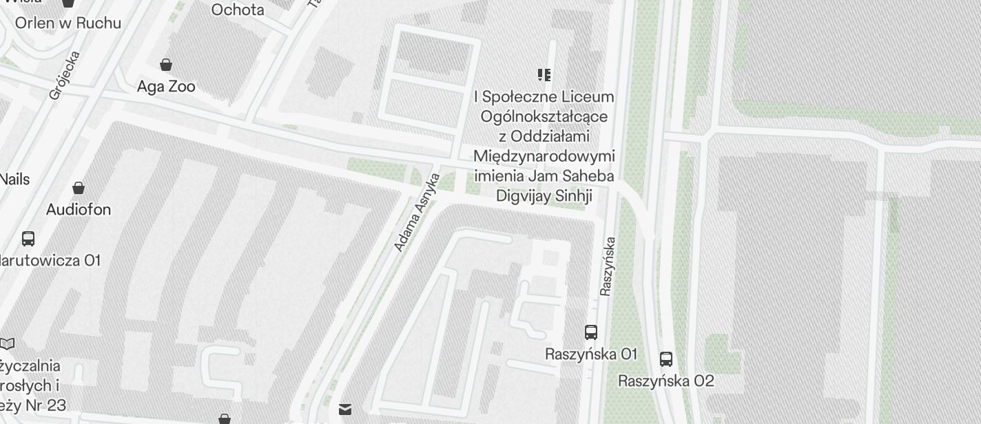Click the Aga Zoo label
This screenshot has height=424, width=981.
click(x=166, y=87)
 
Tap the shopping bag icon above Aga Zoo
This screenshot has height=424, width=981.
click(x=166, y=65)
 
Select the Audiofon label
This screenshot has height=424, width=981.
click(x=79, y=209)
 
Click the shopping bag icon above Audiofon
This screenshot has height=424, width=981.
click(x=79, y=188)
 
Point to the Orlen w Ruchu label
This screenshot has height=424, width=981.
click(x=68, y=23)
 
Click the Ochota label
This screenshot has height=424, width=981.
click(x=238, y=10)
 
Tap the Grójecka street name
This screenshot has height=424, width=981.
click(x=65, y=76)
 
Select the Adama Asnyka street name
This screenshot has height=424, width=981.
click(x=417, y=212)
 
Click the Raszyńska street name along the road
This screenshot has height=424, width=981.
click(x=607, y=266)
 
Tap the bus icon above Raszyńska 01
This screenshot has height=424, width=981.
click(x=590, y=332)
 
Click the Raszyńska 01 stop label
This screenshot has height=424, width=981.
click(x=591, y=354)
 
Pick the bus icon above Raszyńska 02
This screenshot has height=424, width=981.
click(x=666, y=359)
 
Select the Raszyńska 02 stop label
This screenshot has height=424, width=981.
click(x=666, y=381)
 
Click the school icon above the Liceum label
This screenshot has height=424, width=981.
click(x=544, y=74)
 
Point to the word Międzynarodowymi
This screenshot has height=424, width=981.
click(x=544, y=156)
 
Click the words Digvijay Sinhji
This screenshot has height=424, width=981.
click(x=544, y=196)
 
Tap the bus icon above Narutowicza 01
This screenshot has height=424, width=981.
click(x=28, y=239)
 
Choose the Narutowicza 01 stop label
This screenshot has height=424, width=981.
click(x=50, y=261)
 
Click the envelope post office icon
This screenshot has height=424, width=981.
click(x=345, y=410)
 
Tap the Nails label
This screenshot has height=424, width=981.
click(x=14, y=180)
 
